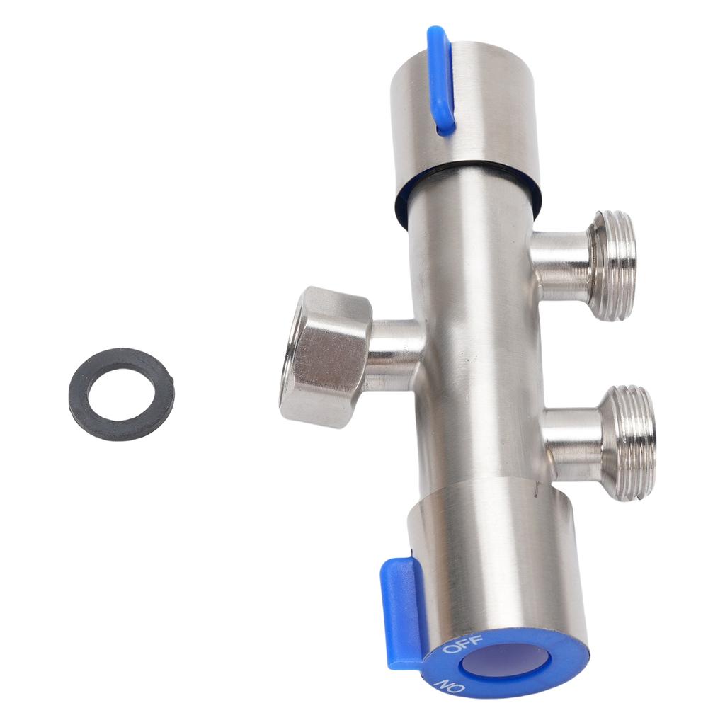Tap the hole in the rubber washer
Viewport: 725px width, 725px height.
coord(122,393)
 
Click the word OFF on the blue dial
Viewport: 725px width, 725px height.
coord(462,644)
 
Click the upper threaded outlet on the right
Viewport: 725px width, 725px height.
coord(612,266)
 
